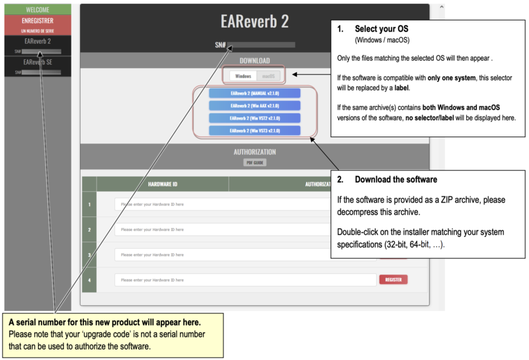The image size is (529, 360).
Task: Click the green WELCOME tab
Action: pos(38,10)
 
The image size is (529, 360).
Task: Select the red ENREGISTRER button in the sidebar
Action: pos(38,21)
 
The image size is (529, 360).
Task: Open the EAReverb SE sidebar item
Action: pos(38,62)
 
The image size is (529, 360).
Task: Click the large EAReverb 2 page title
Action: pos(254,21)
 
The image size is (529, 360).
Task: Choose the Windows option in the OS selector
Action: pos(243,76)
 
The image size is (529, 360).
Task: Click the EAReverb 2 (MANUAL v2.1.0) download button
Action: pos(255,93)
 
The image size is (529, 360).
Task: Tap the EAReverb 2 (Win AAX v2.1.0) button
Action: pos(255,106)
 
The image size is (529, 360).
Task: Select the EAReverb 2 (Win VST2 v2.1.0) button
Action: pos(255,118)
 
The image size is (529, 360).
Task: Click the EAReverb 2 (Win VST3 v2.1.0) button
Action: pos(255,131)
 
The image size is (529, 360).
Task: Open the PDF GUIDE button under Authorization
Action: pos(255,163)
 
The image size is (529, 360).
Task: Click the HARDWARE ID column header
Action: pos(162,184)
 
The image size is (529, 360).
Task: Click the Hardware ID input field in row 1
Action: pos(222,204)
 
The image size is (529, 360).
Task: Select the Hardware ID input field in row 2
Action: pos(222,230)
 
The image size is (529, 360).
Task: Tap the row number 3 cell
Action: pos(89,255)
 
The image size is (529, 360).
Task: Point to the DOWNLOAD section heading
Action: pos(255,60)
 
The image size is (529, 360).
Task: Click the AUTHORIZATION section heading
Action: pos(255,152)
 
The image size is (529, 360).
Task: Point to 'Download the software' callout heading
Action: pos(395,179)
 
